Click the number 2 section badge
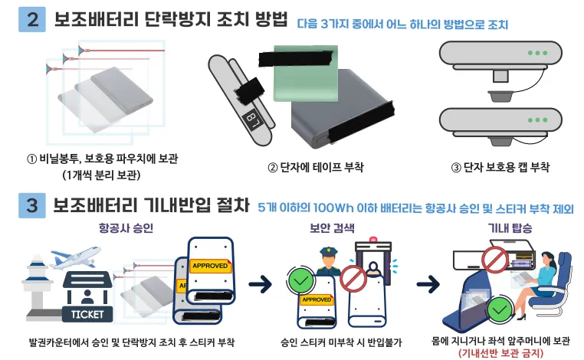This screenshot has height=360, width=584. pyautogui.click(x=31, y=20)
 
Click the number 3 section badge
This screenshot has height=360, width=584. pyautogui.click(x=31, y=206)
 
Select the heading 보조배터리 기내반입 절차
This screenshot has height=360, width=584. pyautogui.click(x=152, y=206)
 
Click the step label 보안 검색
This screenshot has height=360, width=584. pyautogui.click(x=332, y=228)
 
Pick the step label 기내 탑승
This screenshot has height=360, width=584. pyautogui.click(x=510, y=228)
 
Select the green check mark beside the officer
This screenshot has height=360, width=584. pyautogui.click(x=298, y=278)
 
